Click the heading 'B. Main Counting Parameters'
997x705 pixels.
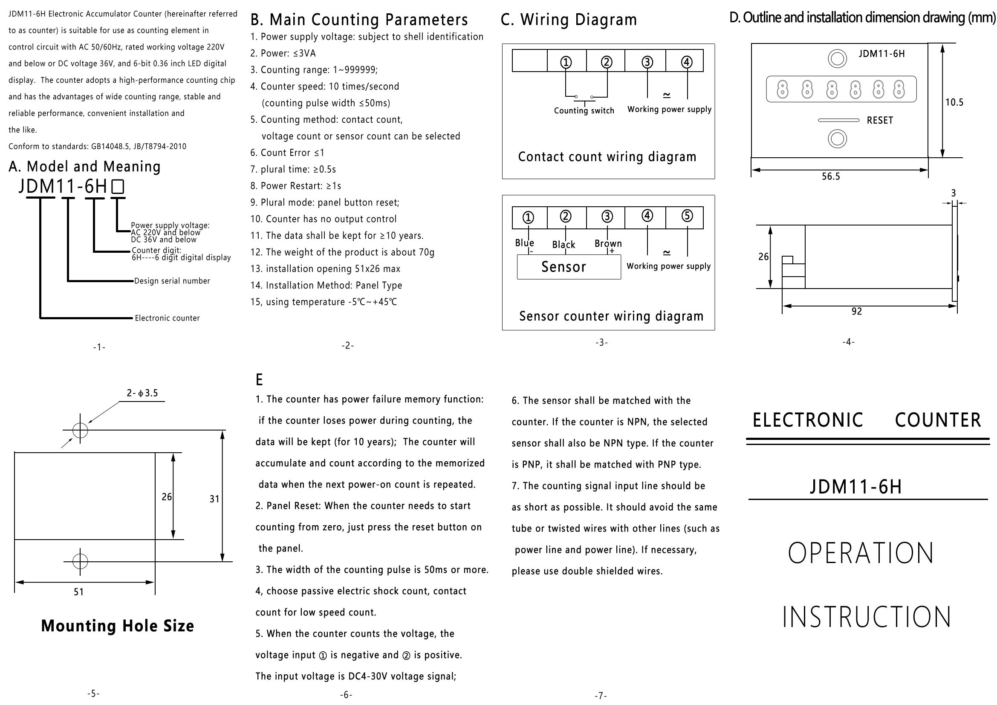[x=359, y=20]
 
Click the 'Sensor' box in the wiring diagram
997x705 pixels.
[x=569, y=266]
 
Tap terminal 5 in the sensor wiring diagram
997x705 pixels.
[x=687, y=216]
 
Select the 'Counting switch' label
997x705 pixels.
[x=584, y=111]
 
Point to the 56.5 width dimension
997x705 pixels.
[x=831, y=176]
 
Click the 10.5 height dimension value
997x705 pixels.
[x=954, y=102]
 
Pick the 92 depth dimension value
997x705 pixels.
[x=856, y=311]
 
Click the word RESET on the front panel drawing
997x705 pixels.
[x=880, y=120]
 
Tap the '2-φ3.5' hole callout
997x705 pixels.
[x=142, y=393]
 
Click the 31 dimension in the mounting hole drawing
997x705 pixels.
[x=214, y=499]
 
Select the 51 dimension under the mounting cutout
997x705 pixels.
[x=78, y=592]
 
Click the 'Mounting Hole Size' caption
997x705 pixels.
[x=117, y=626]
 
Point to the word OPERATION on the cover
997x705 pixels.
[x=861, y=553]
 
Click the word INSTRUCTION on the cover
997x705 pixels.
[x=867, y=617]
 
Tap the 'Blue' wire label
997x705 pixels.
[x=525, y=243]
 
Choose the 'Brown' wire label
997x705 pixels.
[x=608, y=243]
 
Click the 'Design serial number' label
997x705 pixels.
[x=172, y=281]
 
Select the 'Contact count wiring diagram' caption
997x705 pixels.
[x=607, y=157]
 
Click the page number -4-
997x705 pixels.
[x=849, y=342]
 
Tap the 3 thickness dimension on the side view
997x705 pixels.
[x=954, y=193]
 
